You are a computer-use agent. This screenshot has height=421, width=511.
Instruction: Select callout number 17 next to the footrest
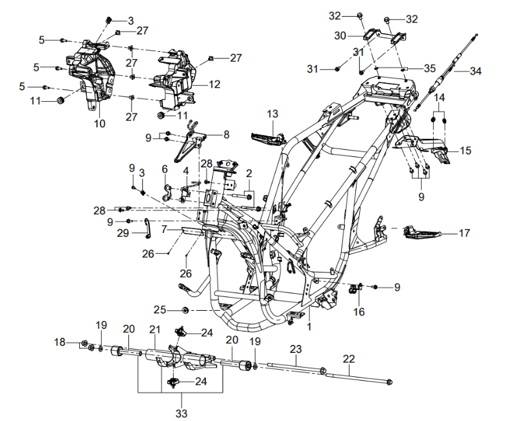(x=464, y=233)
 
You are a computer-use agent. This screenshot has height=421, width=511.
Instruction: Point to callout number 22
(x=349, y=358)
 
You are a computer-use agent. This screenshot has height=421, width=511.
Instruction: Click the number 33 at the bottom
(x=181, y=412)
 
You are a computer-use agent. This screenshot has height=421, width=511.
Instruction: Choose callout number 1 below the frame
(x=310, y=328)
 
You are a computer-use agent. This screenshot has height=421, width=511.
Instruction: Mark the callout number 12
(x=214, y=84)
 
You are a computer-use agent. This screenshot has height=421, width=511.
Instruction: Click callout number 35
(x=429, y=67)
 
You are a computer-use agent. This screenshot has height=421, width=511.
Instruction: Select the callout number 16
(x=359, y=312)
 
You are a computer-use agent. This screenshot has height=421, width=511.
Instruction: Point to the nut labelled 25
(x=185, y=309)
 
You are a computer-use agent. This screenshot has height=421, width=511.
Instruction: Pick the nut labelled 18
(x=85, y=343)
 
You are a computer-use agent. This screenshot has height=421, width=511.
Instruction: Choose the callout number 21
(x=154, y=330)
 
